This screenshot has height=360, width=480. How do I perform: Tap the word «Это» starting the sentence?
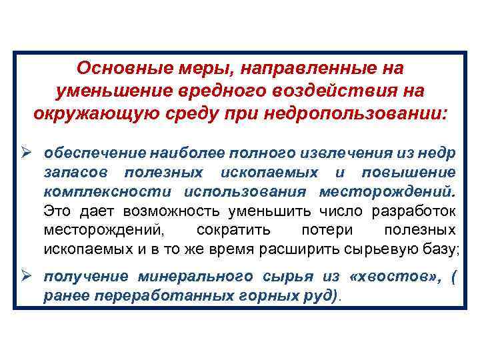57,211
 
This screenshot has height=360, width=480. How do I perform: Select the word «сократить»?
233,231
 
